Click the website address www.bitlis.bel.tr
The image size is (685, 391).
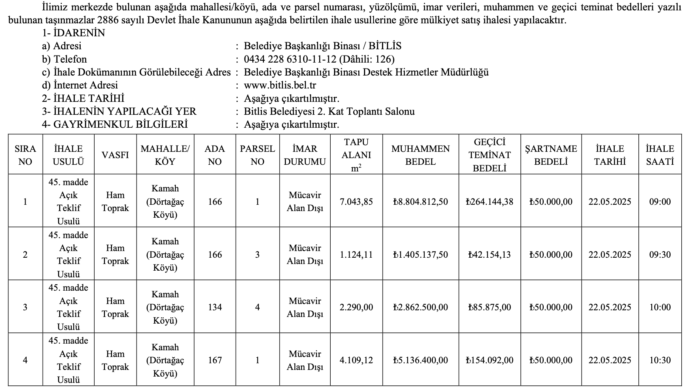(280, 85)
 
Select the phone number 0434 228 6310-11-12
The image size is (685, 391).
(290, 59)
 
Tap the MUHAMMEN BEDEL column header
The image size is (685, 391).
(421, 155)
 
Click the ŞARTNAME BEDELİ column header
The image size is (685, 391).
(551, 155)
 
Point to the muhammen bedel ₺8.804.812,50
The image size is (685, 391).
(421, 202)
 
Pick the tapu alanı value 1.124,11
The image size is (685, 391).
(356, 255)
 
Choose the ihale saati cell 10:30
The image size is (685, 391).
(660, 360)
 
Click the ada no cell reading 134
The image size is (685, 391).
(215, 307)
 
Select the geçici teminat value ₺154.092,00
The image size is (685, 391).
(489, 360)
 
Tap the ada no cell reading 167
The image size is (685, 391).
(215, 360)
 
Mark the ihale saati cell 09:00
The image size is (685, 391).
(660, 202)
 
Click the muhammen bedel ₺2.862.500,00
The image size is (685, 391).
(421, 307)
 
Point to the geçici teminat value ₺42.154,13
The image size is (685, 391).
(489, 255)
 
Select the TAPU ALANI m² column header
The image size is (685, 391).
(356, 155)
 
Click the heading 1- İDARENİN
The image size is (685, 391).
(74, 33)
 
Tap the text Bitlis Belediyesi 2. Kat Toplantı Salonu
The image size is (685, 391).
(329, 111)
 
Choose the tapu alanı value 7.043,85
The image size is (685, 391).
(356, 202)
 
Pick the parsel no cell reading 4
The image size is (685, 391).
(257, 307)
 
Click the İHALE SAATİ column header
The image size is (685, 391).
(660, 155)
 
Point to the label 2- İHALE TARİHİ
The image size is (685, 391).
(83, 98)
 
